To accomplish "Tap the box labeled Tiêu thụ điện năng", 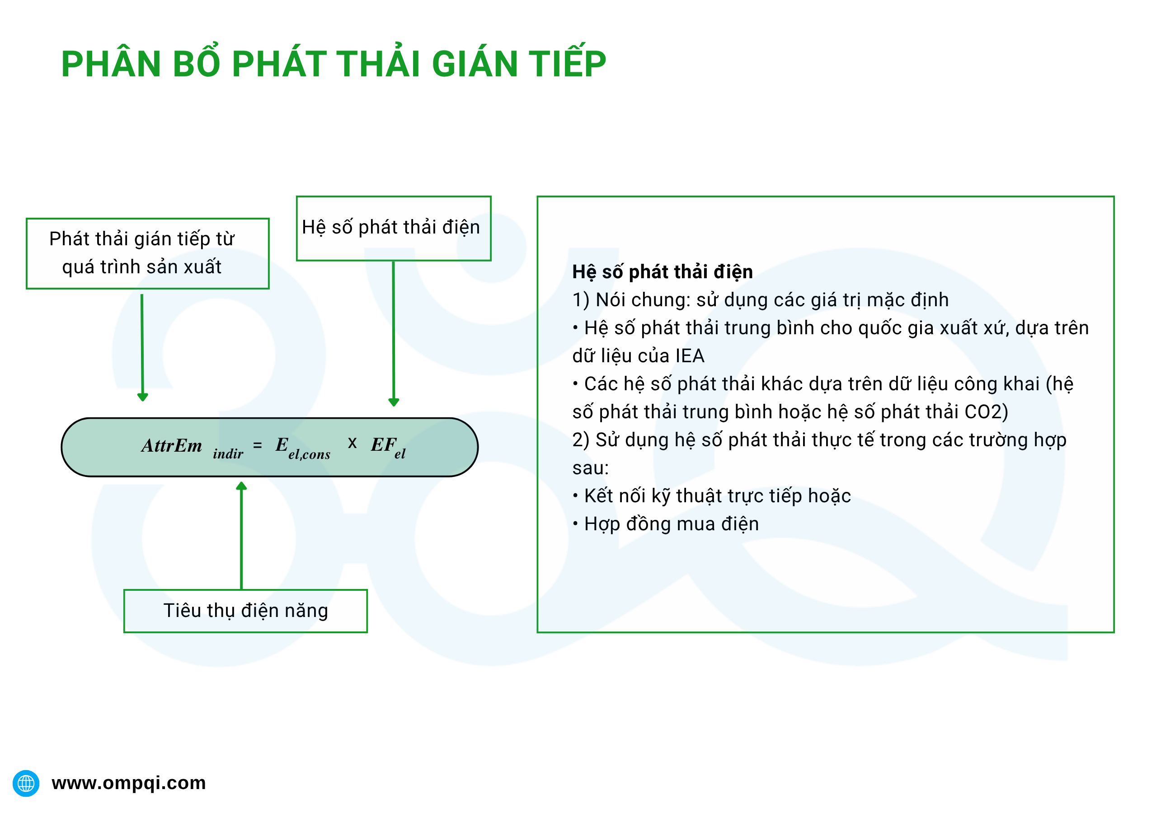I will (245, 610).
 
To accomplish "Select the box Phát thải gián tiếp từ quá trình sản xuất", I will (147, 253).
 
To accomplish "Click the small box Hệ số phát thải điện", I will (393, 228).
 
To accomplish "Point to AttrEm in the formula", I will (172, 446).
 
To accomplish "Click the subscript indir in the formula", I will (228, 453).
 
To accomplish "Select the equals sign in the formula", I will (257, 446).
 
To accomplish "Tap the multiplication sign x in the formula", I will (352, 443).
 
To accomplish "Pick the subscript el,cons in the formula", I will (309, 454).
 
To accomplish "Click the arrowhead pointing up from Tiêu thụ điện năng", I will (241, 486).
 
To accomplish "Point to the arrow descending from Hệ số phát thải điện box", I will (393, 331).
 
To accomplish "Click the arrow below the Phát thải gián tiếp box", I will (142, 346).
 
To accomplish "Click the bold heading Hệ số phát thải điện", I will (662, 271).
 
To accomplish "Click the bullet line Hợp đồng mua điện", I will (671, 523).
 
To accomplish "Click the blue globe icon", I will (26, 783).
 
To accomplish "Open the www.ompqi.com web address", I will (128, 783).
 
